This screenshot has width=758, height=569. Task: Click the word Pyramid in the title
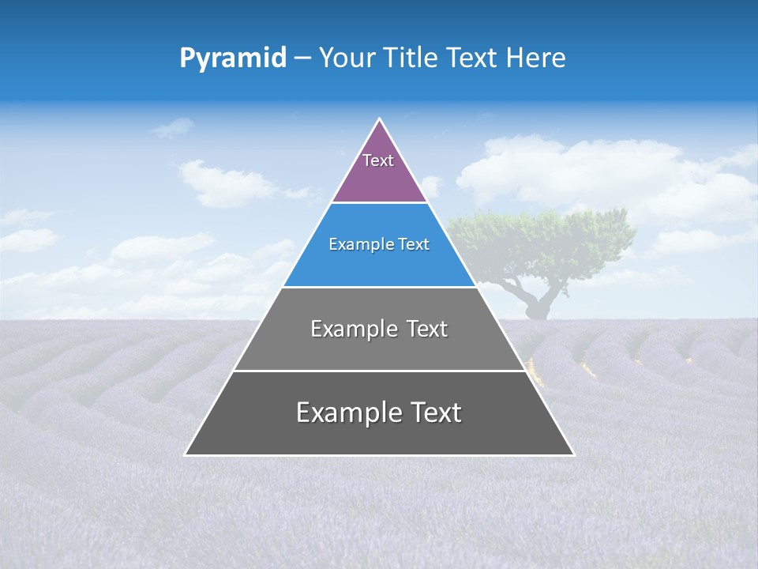pos(233,58)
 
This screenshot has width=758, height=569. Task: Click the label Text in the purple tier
pos(378,160)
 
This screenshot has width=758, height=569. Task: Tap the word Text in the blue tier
pos(411,245)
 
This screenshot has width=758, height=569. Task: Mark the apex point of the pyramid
pos(380,119)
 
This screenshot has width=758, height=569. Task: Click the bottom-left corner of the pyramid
pos(186,454)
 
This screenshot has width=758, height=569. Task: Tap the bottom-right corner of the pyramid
pos(573,454)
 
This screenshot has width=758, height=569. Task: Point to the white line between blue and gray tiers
pos(380,287)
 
